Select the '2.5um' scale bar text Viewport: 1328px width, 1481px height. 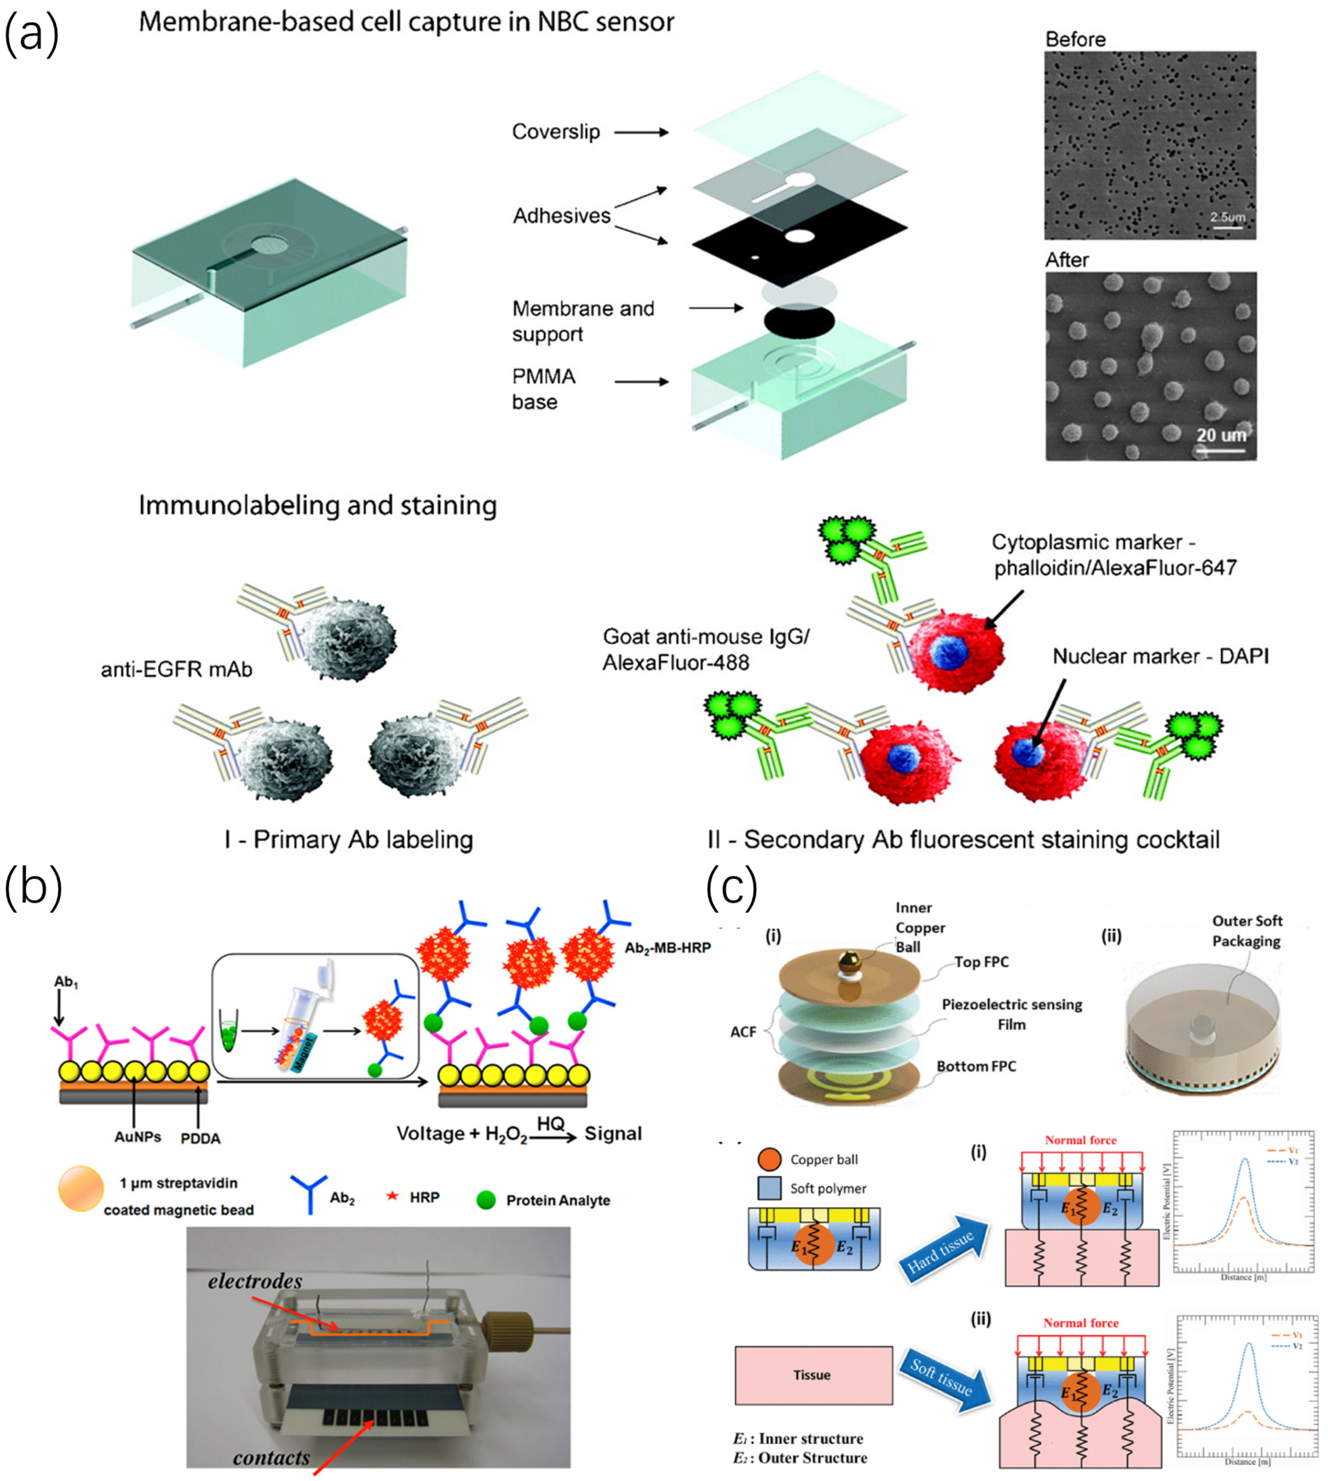pyautogui.click(x=1227, y=217)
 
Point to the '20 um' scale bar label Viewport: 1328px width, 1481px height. pyautogui.click(x=1221, y=435)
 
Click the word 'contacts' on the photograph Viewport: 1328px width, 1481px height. pyautogui.click(x=271, y=1457)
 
